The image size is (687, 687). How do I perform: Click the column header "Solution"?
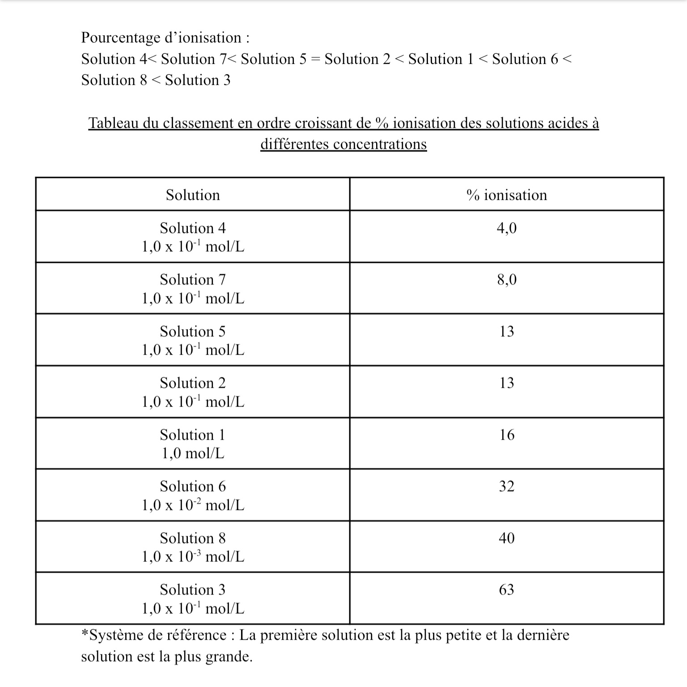193,195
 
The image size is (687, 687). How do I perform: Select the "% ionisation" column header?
506,195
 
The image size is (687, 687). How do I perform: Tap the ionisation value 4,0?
506,228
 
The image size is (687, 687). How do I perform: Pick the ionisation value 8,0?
506,280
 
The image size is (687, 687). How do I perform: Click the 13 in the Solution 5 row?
506,331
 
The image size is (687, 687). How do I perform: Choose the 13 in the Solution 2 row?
506,383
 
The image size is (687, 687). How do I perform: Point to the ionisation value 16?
506,435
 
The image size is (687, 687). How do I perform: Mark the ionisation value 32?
506,486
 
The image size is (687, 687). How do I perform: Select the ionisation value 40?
506,538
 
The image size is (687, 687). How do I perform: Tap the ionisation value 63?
506,589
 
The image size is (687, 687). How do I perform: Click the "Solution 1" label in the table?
193,435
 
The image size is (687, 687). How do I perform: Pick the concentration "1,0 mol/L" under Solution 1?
193,454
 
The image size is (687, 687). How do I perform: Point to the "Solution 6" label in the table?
193,486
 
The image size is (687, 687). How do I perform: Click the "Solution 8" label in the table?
193,538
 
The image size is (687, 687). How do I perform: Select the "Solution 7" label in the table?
193,280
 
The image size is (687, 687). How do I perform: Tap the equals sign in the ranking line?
315,59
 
